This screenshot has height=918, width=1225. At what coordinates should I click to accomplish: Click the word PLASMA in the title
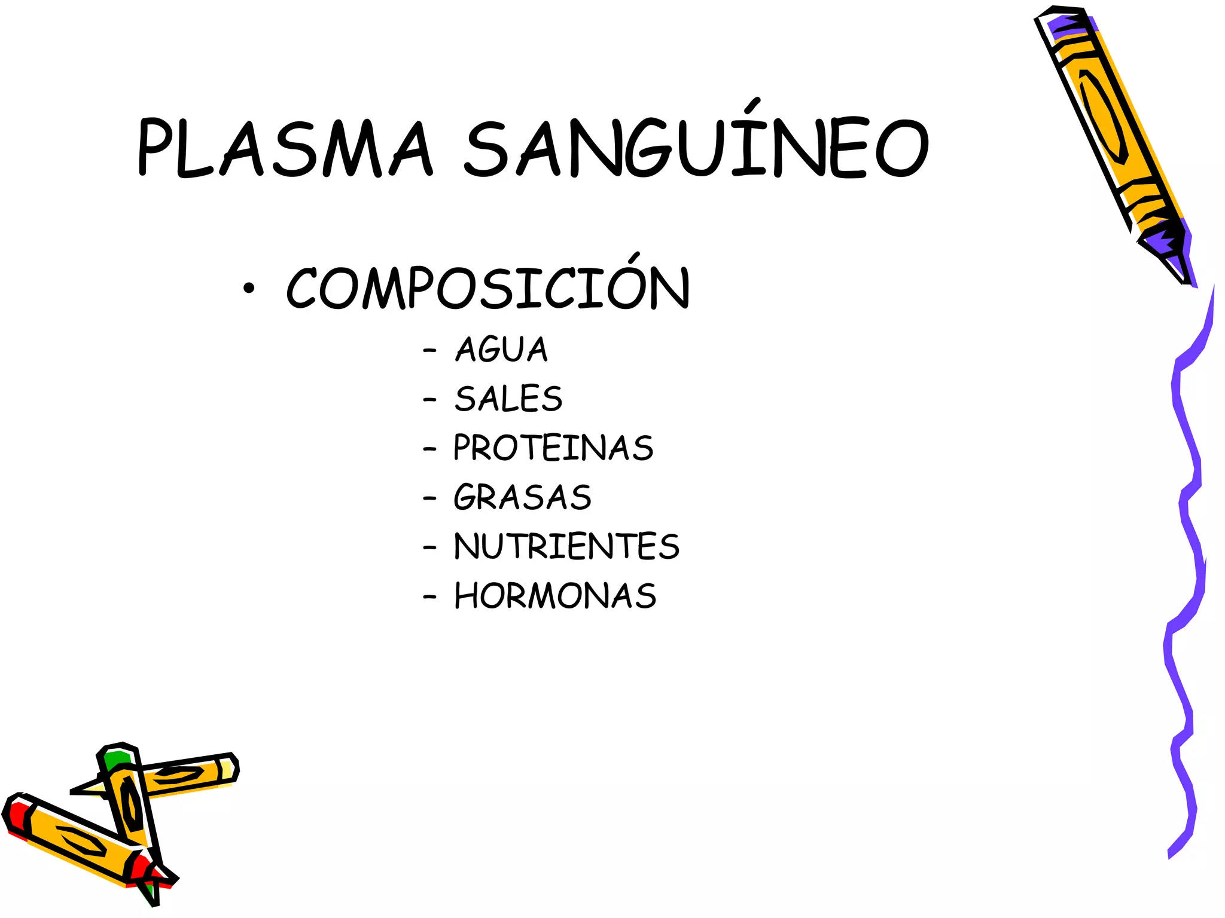[284, 148]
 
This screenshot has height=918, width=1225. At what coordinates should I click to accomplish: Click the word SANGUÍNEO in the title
[697, 148]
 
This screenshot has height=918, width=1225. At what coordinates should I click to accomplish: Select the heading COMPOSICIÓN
[487, 288]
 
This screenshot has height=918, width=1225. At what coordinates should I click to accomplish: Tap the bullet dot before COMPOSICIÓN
[249, 289]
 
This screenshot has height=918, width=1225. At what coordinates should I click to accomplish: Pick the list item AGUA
[501, 350]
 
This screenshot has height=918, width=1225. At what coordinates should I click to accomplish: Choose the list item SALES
[508, 399]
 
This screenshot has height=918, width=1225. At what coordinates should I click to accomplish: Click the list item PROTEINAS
[553, 448]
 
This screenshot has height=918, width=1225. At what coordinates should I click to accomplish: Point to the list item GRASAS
[522, 497]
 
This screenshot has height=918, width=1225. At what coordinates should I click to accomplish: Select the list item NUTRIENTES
[566, 546]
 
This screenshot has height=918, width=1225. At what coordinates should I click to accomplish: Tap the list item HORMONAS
[555, 596]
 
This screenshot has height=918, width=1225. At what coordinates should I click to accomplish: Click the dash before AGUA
[429, 350]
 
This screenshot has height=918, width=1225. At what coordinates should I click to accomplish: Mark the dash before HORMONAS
[429, 596]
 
